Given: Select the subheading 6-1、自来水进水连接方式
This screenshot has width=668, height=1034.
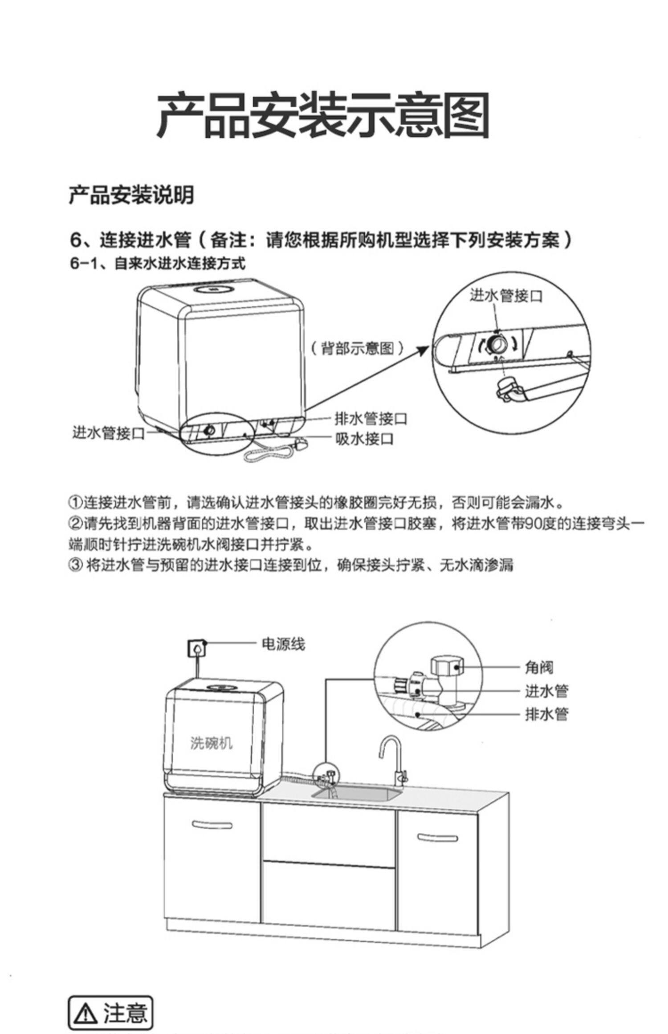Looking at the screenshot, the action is point(157,264).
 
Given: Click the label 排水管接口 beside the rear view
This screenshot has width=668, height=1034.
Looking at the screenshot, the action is point(371,419).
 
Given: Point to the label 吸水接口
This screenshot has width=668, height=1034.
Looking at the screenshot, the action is point(364,439).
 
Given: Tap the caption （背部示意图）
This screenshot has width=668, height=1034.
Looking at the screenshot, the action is point(356,348).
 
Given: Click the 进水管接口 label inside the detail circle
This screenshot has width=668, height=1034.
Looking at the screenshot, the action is point(506,295).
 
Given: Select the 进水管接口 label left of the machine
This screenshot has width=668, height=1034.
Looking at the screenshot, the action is point(108,432).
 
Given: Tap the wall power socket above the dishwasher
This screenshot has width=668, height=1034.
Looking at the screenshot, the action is point(196,648).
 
